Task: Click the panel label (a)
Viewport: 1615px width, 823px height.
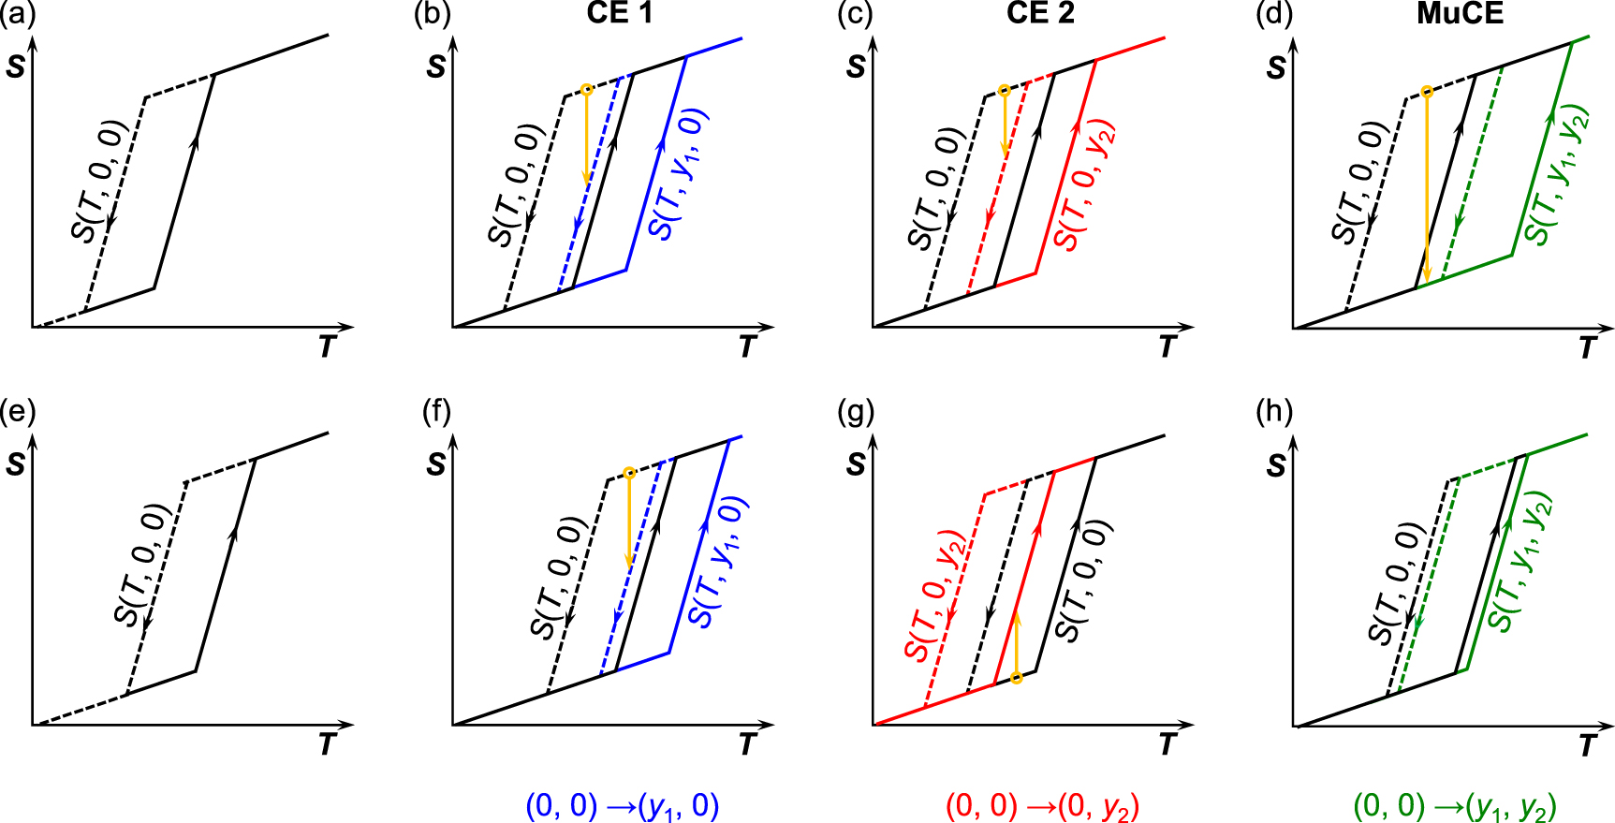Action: [17, 14]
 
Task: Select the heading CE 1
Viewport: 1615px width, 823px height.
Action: [619, 13]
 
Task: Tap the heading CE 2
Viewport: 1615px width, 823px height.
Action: [1040, 13]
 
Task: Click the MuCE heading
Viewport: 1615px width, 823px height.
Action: [1460, 13]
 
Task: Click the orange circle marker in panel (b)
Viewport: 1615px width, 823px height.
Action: [586, 90]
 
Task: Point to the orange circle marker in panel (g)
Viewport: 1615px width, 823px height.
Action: [1017, 678]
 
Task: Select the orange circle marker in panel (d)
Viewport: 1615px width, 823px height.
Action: [1426, 92]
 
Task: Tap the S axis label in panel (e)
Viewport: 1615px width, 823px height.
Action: [16, 464]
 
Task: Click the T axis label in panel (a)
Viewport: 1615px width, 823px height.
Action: [326, 347]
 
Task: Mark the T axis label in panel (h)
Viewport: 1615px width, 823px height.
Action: [1587, 745]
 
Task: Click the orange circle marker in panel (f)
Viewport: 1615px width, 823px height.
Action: [629, 474]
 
